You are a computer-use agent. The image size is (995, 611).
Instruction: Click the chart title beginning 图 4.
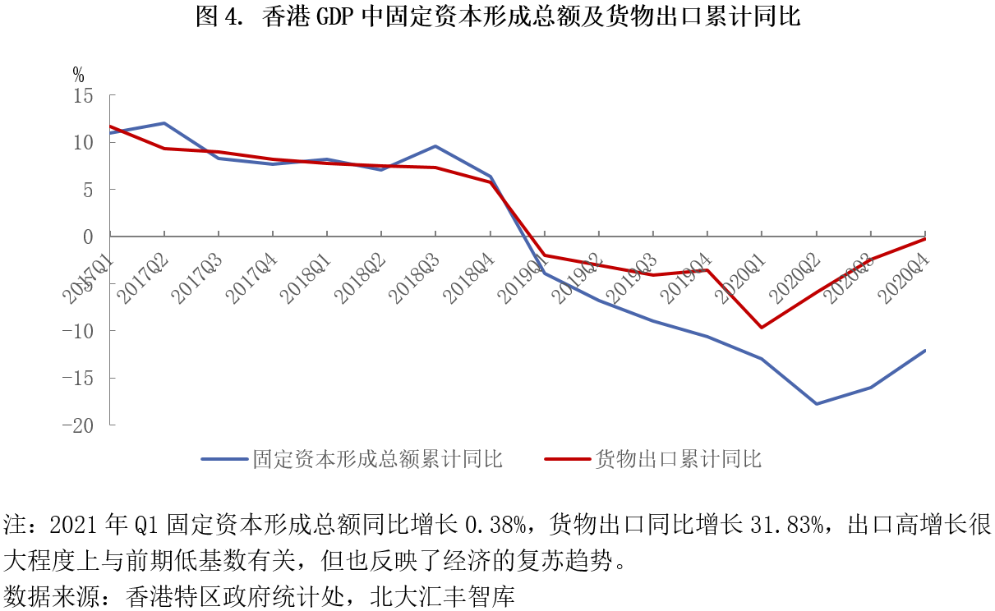click(498, 17)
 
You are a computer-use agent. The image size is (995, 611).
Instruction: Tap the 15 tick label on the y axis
click(83, 96)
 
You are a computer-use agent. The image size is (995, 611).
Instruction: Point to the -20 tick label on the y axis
click(78, 426)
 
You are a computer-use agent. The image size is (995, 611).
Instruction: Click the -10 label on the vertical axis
click(78, 331)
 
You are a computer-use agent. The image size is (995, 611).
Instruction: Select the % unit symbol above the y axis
click(78, 75)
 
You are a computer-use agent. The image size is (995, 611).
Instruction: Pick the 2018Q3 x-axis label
click(415, 278)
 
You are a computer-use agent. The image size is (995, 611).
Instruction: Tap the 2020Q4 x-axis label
click(905, 278)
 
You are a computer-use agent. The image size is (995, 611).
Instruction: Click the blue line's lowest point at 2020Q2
click(817, 403)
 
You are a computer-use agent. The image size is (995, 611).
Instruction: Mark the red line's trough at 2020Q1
click(762, 328)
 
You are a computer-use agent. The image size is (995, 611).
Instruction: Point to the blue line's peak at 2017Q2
click(164, 123)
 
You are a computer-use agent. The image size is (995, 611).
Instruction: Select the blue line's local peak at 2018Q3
click(435, 146)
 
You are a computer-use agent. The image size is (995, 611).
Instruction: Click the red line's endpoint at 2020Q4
click(925, 239)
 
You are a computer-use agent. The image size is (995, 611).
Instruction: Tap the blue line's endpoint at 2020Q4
click(925, 351)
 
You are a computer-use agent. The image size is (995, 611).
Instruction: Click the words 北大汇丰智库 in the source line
click(442, 596)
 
